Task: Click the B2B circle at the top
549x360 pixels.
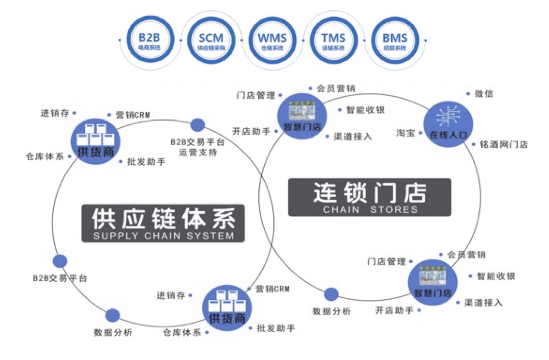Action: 150,41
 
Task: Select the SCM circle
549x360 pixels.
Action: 211,41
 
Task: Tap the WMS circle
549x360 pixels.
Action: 272,41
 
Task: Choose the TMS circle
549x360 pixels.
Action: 333,41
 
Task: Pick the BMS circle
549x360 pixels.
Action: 394,41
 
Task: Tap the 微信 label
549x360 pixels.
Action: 484,94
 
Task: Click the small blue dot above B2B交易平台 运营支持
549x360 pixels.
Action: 197,126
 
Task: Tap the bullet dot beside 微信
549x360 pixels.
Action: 468,94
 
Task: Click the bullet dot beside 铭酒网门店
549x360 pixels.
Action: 473,144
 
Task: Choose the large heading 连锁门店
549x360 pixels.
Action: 370,193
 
